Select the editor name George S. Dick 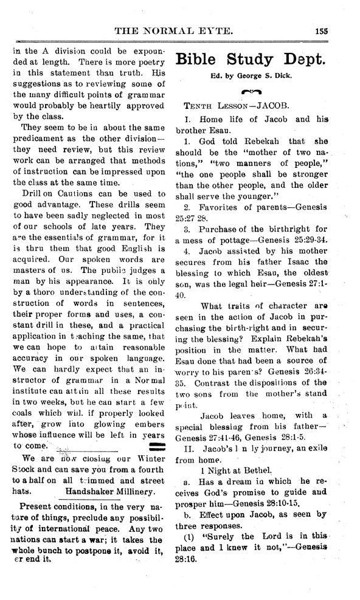[x=269, y=77]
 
